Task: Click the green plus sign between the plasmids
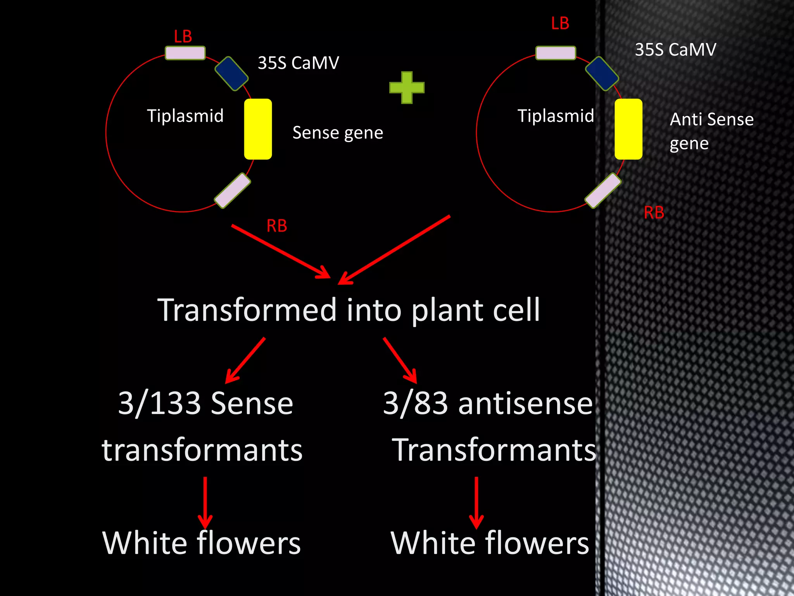tap(407, 88)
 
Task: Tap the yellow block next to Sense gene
tap(258, 129)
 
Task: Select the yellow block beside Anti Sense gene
tap(628, 129)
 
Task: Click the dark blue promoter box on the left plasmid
tap(231, 74)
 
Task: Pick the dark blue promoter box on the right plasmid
tap(602, 74)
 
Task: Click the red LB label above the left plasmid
tap(183, 37)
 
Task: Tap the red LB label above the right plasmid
tap(560, 24)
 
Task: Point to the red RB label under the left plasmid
tap(277, 226)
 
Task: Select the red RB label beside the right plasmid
tap(654, 213)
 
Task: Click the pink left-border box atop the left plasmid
tap(185, 53)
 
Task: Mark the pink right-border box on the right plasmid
tap(603, 191)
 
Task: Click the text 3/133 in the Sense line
tap(159, 404)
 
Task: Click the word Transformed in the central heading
tap(247, 310)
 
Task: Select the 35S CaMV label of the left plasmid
tap(299, 63)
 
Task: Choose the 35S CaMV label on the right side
tap(675, 50)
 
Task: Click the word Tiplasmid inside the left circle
tap(185, 116)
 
